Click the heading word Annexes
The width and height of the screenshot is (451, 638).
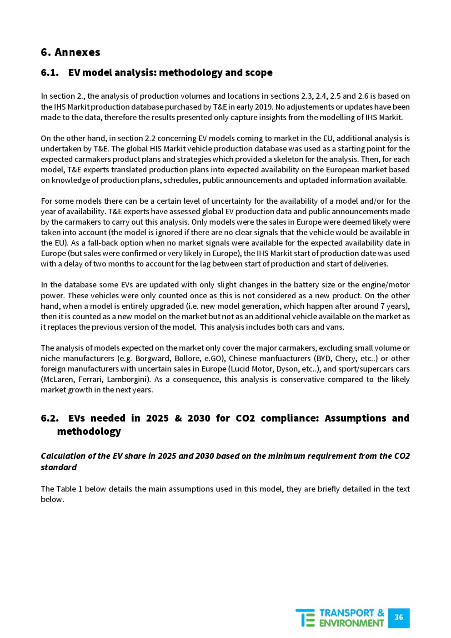pos(77,52)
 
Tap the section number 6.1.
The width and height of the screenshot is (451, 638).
pos(50,73)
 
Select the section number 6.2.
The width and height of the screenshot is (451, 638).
pos(50,418)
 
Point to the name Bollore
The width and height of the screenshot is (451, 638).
pos(187,358)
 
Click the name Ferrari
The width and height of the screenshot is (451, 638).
pos(90,379)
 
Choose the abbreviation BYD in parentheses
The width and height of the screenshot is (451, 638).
pos(324,358)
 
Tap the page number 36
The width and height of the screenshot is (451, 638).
pos(399,618)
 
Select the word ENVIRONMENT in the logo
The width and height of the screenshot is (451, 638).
pos(351,623)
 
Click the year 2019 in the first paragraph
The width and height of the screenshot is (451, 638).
pos(264,107)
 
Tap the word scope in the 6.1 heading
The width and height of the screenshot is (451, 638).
pos(259,73)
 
